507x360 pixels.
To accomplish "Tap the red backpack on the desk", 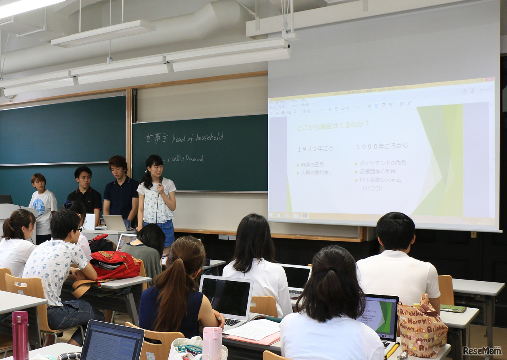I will [x=115, y=265].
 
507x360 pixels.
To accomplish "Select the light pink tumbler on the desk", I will [x=212, y=343].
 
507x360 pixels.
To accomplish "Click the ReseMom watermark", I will [x=482, y=350].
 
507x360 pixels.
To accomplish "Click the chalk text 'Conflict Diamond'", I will [x=186, y=158].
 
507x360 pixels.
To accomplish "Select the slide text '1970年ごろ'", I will [x=316, y=149].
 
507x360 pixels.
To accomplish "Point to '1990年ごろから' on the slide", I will [x=382, y=146].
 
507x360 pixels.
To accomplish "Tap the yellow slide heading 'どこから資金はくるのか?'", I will [x=333, y=124].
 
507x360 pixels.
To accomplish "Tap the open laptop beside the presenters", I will [x=114, y=223].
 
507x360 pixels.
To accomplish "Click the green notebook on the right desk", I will [x=454, y=308].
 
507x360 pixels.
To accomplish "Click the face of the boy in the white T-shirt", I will [x=38, y=185].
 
